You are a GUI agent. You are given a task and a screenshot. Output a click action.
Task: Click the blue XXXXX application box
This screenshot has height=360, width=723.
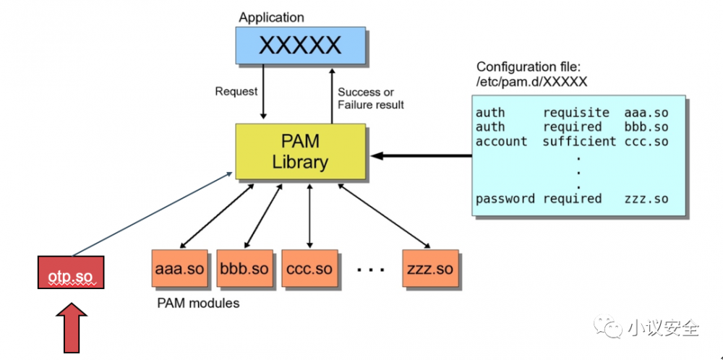[x=299, y=46]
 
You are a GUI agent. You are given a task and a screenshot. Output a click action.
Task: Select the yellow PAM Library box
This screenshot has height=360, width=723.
[x=300, y=151]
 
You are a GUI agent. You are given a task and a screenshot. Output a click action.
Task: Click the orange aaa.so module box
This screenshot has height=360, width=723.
[x=179, y=269]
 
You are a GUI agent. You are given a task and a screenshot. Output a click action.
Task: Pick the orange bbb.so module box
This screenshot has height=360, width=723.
[x=244, y=269]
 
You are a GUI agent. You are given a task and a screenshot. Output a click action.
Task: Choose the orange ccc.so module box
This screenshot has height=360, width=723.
[x=309, y=269]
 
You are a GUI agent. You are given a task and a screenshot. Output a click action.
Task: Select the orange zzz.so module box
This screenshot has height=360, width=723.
[x=430, y=269]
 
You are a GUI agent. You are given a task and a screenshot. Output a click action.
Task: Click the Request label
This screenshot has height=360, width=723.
[x=236, y=91]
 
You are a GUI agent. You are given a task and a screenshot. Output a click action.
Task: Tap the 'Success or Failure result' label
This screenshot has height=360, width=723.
[x=371, y=98]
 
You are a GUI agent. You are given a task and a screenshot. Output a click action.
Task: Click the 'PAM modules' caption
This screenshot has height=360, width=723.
[x=198, y=303]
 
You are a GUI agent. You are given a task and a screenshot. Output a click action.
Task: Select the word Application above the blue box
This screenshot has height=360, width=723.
[x=272, y=17]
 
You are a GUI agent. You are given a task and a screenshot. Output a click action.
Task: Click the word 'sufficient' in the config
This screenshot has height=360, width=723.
[x=579, y=142]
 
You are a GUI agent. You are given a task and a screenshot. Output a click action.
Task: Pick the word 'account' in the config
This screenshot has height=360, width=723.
[x=501, y=142]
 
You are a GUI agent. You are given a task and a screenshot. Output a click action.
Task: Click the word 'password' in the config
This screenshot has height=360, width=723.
[x=505, y=198]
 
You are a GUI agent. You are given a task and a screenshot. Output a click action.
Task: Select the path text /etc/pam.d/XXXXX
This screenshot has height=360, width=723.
[x=531, y=82]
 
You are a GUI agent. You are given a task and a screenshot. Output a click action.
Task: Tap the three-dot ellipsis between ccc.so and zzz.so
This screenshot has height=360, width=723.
[x=370, y=270]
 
